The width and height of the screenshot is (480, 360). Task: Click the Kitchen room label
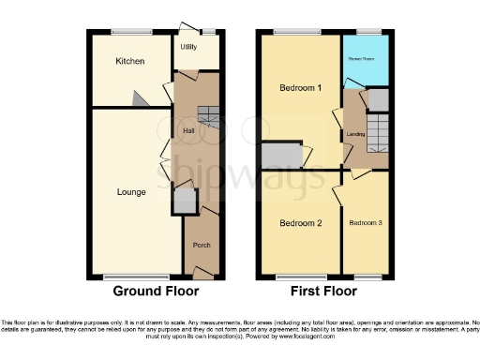click(129, 62)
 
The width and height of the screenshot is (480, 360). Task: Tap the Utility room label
click(188, 47)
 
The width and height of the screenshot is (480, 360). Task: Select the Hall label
click(187, 130)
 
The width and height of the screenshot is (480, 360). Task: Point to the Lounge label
click(131, 192)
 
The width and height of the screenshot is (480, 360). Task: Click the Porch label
click(202, 245)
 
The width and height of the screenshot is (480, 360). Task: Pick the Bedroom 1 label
click(301, 88)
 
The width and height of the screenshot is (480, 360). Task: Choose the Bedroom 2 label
click(301, 223)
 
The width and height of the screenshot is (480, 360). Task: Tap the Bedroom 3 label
click(366, 223)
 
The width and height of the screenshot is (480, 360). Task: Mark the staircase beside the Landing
click(376, 131)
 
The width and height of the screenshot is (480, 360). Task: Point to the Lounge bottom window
click(136, 277)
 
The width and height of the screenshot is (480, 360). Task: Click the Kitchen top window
click(130, 33)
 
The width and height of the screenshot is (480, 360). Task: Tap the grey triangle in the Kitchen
click(139, 98)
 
